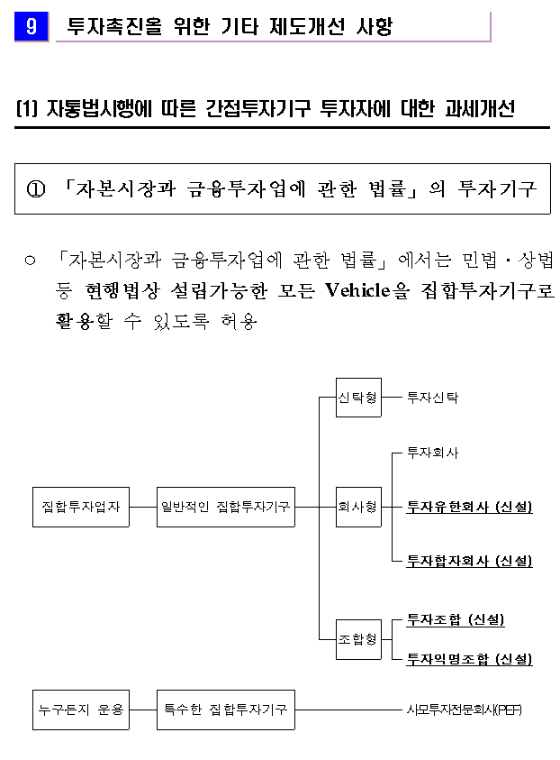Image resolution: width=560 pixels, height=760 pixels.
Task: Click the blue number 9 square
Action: pos(32,26)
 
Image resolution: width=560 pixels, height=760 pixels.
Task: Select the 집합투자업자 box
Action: pos(81,507)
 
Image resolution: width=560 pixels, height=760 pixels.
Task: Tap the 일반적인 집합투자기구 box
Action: pos(226,507)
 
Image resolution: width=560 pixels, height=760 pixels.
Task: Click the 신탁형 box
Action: pos(358,398)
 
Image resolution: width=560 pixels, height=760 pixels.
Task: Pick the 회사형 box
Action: pos(358,507)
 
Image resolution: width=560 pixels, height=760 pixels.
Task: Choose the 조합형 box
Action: pos(358,639)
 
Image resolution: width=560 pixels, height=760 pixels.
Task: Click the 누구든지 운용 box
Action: pos(81,710)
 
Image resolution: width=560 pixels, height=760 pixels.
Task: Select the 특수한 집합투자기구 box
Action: pos(226,710)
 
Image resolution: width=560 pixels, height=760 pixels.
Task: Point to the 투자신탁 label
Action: pos(432,398)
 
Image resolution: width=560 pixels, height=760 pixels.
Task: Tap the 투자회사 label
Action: pos(432,453)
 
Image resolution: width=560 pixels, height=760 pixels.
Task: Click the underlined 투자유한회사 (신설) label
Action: pos(469,507)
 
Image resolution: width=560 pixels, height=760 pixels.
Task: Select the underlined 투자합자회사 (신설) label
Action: pos(469,562)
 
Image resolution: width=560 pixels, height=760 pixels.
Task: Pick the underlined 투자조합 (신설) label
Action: pos(456,619)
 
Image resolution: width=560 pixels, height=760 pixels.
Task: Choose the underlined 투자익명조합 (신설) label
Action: pos(469,659)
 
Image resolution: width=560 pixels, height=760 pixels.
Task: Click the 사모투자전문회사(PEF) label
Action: pos(465,710)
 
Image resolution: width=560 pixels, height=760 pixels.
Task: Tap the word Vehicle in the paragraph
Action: pos(357,290)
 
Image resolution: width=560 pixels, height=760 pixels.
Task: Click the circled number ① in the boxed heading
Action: pos(36,189)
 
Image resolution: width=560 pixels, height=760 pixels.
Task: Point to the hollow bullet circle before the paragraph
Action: pos(30,261)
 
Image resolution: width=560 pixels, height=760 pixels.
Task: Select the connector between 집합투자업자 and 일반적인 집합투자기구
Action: pos(143,507)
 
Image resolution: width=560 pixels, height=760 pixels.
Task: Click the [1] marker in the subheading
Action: pos(27,108)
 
